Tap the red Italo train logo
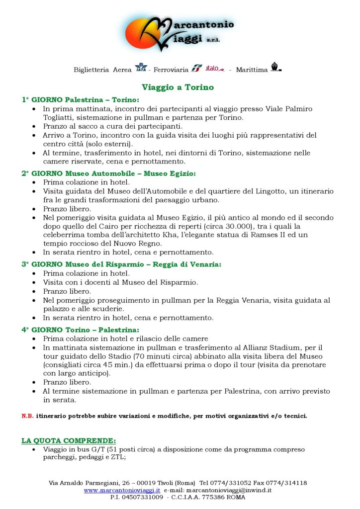[x=215, y=69]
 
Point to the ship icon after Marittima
[x=276, y=68]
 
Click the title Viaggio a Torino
[x=178, y=87]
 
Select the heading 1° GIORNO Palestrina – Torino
[x=81, y=100]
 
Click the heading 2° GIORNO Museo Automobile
[x=109, y=173]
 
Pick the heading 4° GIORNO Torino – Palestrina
[x=81, y=329]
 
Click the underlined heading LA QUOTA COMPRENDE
[x=69, y=440]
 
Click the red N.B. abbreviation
[x=27, y=416]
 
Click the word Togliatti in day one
[x=61, y=117]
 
